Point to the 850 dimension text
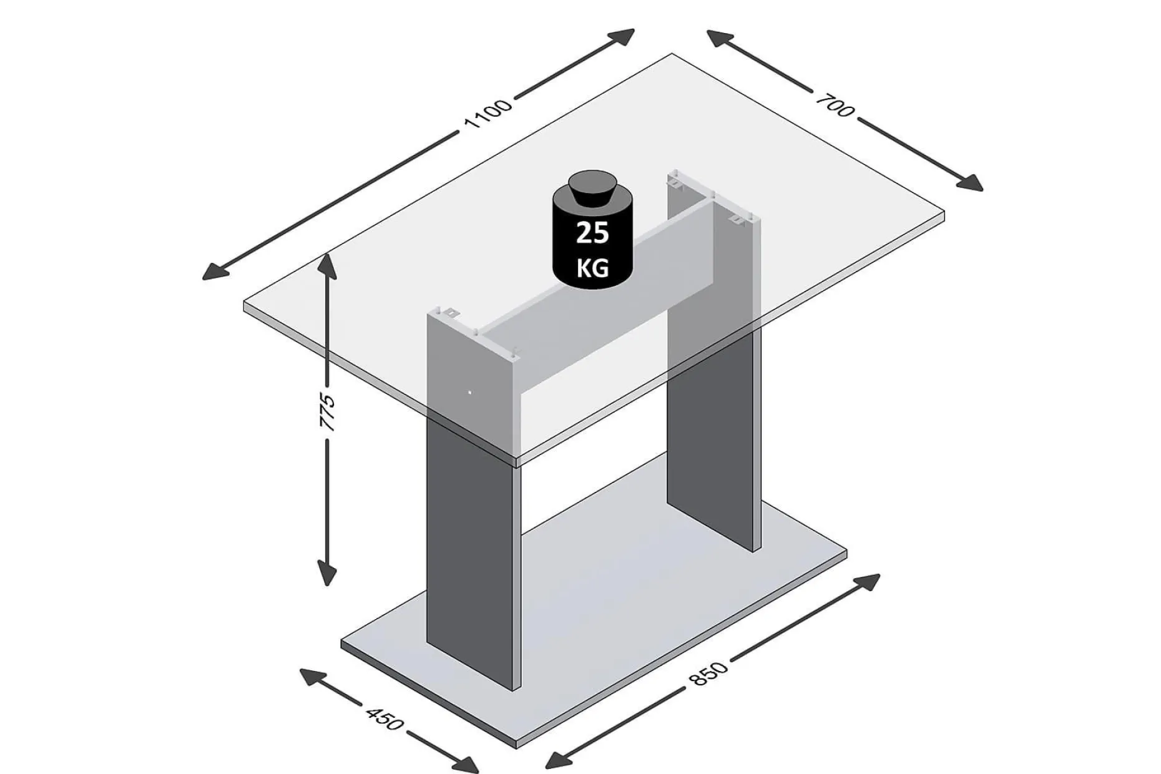click(708, 674)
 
